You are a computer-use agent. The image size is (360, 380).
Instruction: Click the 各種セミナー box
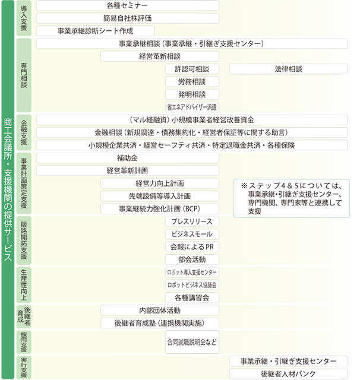128,5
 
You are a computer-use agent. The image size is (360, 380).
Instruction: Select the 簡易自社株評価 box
128,18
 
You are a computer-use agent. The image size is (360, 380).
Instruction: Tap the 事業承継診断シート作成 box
95,31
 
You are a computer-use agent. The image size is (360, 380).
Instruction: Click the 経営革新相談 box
160,56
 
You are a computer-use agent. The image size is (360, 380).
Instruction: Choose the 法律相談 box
288,69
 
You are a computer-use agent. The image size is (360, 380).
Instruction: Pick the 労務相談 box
192,82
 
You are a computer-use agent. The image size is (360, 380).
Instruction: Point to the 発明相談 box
192,94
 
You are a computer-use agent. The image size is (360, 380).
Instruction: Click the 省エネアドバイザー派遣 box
192,107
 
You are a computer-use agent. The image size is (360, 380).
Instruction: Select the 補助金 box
128,158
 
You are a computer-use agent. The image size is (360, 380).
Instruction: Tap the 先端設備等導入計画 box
160,196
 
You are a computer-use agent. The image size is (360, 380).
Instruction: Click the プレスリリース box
192,221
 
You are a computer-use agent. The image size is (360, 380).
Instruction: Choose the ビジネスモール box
192,234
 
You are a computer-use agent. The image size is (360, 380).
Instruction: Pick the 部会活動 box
192,259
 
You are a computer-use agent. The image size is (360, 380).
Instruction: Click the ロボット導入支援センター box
192,272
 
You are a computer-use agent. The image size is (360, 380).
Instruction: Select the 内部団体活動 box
160,311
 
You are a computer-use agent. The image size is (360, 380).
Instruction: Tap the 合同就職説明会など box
192,342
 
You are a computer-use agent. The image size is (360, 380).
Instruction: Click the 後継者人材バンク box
288,374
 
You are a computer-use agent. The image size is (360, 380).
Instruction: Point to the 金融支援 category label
24,132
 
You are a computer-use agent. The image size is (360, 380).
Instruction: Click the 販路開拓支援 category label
24,240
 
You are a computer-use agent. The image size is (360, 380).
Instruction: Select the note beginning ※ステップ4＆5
292,198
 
